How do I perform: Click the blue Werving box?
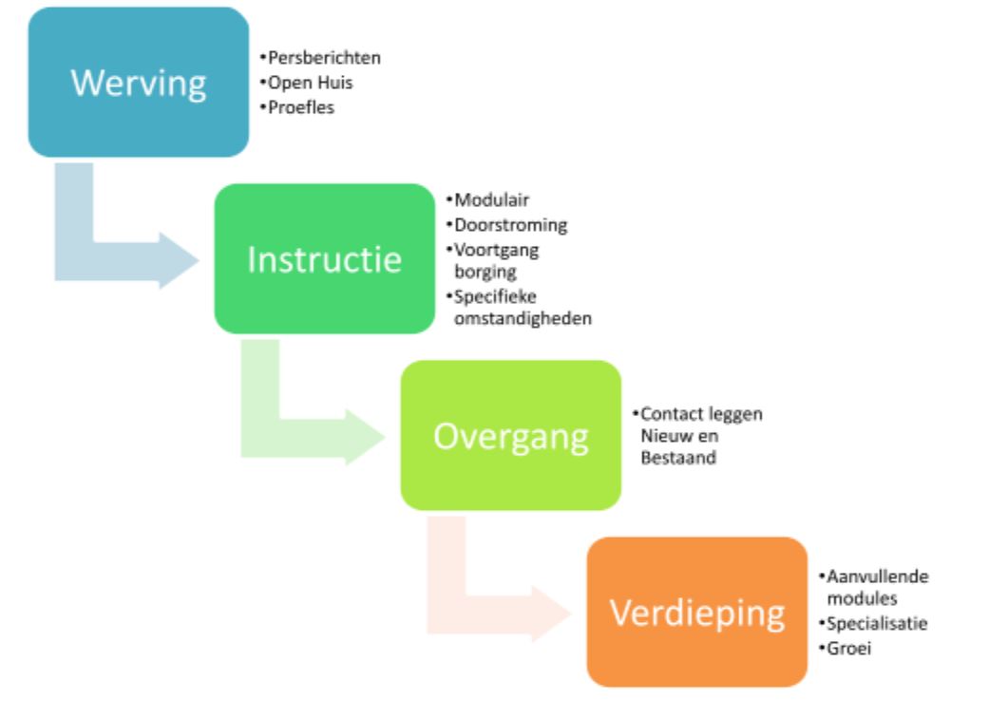[x=139, y=82]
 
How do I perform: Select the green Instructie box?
[x=324, y=258]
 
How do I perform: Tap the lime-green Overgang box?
[x=510, y=435]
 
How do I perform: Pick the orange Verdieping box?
[x=696, y=612]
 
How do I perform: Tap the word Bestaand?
[x=675, y=458]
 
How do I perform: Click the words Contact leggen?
[x=701, y=414]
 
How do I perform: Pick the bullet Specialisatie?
[x=876, y=623]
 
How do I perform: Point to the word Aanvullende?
[x=876, y=576]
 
